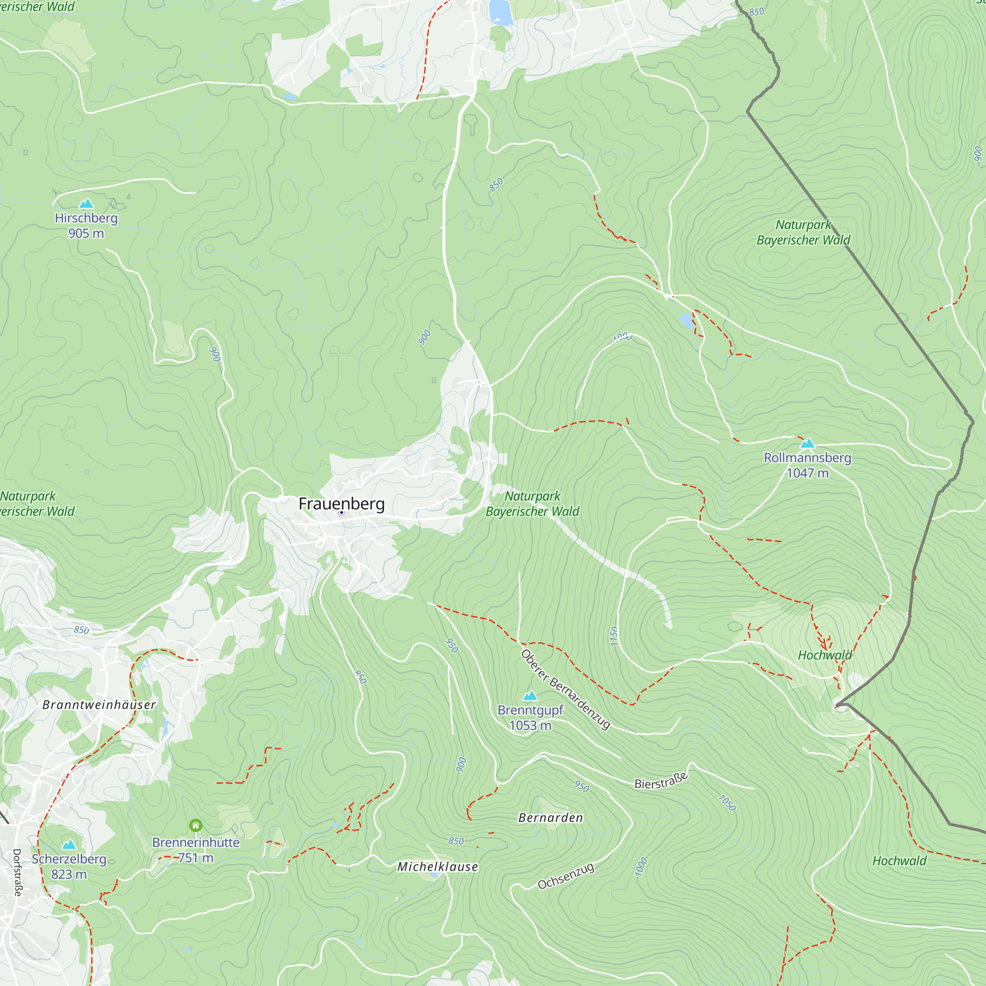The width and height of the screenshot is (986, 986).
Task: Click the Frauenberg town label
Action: (x=342, y=503)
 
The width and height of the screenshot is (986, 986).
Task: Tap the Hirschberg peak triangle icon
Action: (x=86, y=204)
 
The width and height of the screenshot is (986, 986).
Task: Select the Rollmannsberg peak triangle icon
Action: (x=808, y=444)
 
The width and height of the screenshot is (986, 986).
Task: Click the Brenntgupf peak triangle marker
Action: (x=530, y=696)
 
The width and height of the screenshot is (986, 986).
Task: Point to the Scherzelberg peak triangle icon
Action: (x=69, y=845)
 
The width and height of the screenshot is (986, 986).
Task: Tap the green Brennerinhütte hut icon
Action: (x=195, y=825)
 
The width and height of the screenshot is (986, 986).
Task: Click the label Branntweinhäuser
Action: (x=99, y=705)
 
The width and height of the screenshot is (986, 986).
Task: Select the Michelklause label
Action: (x=437, y=867)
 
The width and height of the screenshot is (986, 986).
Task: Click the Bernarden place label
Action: (x=550, y=818)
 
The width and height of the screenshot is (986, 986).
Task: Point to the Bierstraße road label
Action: (x=661, y=781)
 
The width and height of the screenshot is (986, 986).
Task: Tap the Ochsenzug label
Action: (x=566, y=876)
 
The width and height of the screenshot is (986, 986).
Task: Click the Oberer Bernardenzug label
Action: (x=565, y=690)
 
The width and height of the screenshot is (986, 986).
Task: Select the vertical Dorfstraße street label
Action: (x=17, y=873)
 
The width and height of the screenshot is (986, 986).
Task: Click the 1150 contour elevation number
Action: (x=614, y=636)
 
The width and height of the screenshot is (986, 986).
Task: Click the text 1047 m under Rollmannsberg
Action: (x=808, y=473)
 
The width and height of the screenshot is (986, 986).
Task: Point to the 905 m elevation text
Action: (x=86, y=233)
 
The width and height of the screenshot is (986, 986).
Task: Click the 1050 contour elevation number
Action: (x=727, y=803)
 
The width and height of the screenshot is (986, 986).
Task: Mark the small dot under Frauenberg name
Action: (x=342, y=512)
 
